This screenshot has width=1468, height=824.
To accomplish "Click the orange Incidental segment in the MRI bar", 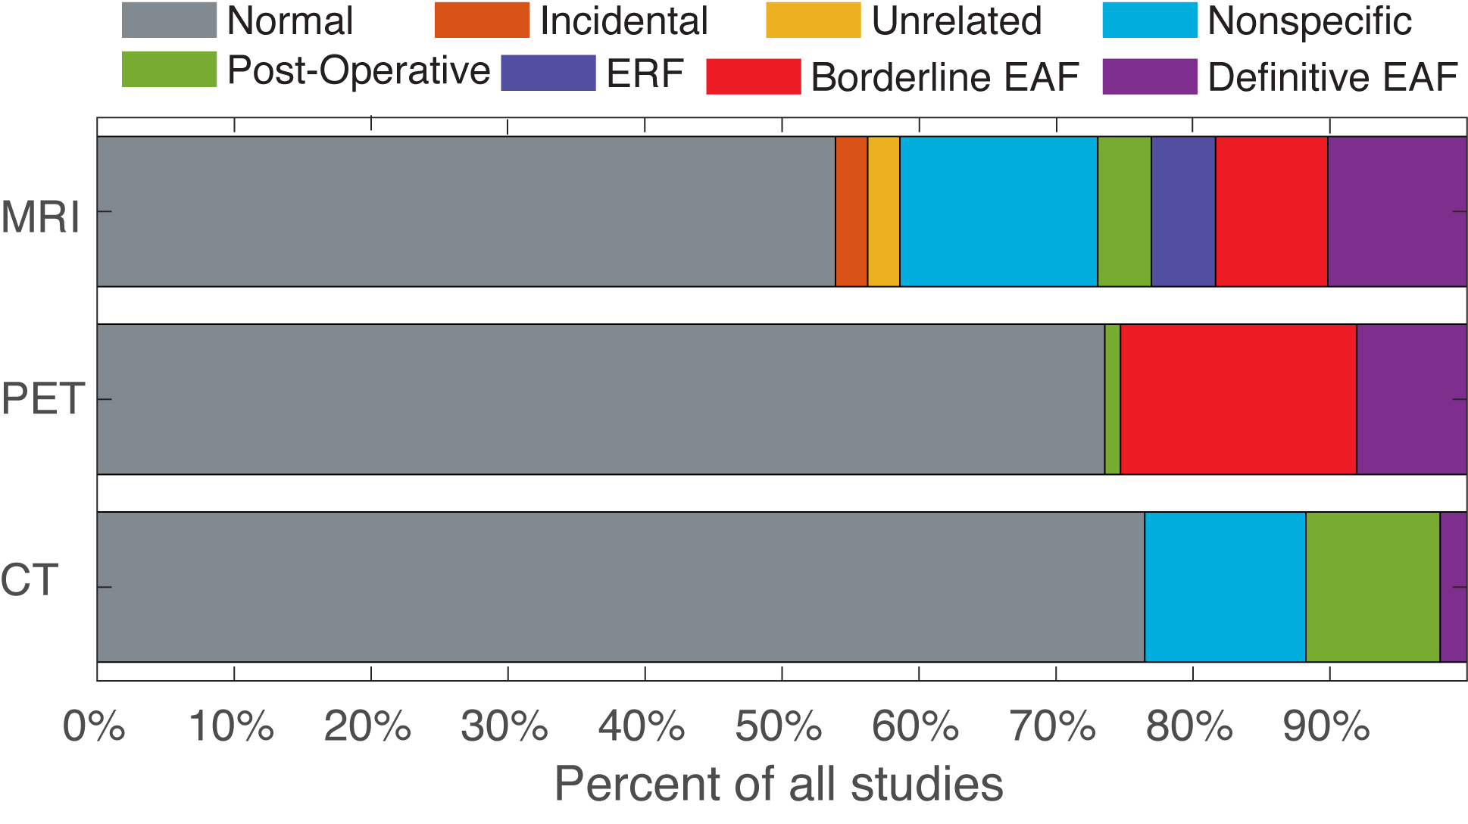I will point(851,211).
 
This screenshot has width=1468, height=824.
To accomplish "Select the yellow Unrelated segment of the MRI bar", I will point(883,211).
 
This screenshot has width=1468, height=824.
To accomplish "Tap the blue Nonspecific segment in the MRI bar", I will point(998,211).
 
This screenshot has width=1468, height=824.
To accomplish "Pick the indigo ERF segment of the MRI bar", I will point(1183,211).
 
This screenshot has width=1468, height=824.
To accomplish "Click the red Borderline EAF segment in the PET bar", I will point(1238,399).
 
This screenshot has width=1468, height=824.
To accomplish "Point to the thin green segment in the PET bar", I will point(1112,399).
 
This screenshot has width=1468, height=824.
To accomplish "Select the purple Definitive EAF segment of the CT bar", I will point(1453,587).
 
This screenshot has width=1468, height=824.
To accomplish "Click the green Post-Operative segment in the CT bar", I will point(1373,587).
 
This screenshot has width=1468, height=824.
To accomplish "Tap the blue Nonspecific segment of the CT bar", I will point(1225,587).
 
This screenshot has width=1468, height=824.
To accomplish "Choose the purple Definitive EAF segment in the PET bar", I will point(1411,399).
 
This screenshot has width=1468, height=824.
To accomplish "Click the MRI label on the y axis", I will point(41,217).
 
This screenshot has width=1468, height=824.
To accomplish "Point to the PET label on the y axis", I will point(43,398).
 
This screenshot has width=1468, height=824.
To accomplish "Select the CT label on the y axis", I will point(30,580).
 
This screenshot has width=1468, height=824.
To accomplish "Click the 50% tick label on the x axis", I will point(779,727).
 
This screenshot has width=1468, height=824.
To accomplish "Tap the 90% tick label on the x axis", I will point(1326,727).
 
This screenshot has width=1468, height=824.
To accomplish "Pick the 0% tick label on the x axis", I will point(94,727).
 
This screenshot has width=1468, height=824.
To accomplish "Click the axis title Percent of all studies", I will point(779,784).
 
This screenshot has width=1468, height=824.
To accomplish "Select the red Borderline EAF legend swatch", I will point(753,76).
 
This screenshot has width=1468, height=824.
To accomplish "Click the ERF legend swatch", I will point(548,73).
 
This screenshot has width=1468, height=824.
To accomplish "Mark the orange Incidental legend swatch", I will point(482,20).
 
